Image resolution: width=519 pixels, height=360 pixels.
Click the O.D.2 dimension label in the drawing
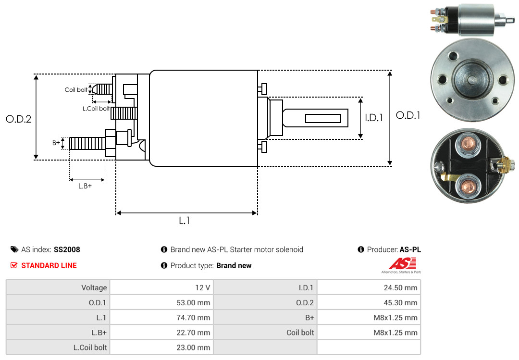tap(19, 119)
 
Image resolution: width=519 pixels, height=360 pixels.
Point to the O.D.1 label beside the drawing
tap(408, 115)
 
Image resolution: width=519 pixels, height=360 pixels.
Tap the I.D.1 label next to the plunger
tap(374, 118)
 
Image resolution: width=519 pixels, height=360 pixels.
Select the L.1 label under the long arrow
tap(185, 221)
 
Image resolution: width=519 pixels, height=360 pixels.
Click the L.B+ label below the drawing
tap(85, 186)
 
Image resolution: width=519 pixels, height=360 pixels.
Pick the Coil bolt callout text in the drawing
tap(76, 90)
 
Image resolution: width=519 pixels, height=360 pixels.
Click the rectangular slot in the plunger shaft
tap(323, 118)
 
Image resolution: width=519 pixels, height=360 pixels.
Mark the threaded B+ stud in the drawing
tap(87, 143)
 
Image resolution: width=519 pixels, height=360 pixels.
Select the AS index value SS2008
tap(67, 249)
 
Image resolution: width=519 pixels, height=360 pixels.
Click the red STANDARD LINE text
tap(49, 266)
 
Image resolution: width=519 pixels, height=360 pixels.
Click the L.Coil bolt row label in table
tap(90, 348)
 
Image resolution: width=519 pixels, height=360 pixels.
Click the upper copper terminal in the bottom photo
tap(468, 145)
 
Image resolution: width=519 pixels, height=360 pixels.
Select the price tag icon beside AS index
tap(14, 249)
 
